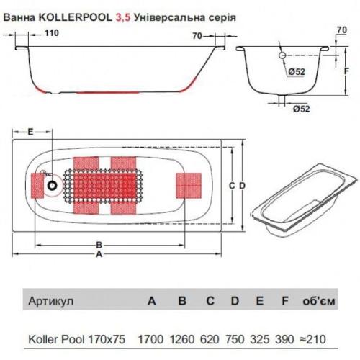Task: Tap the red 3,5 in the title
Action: (123, 15)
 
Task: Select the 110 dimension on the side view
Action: (52, 32)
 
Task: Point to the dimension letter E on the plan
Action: (30, 132)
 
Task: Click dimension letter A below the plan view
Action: (99, 253)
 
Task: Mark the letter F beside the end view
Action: (346, 72)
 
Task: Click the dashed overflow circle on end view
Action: (281, 55)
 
